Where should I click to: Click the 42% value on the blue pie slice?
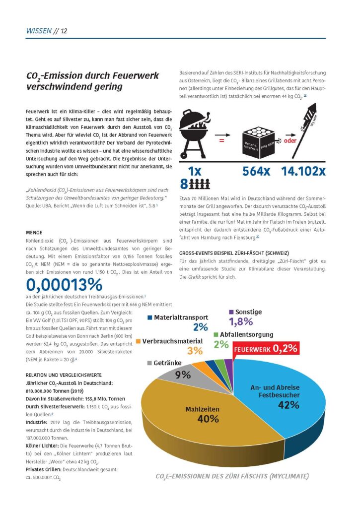click(x=288, y=405)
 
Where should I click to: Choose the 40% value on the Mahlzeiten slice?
click(x=208, y=419)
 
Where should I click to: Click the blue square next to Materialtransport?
click(x=150, y=317)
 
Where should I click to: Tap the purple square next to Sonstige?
click(x=231, y=312)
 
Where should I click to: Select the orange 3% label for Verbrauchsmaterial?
click(x=195, y=351)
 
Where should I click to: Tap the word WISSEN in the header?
click(x=38, y=31)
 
